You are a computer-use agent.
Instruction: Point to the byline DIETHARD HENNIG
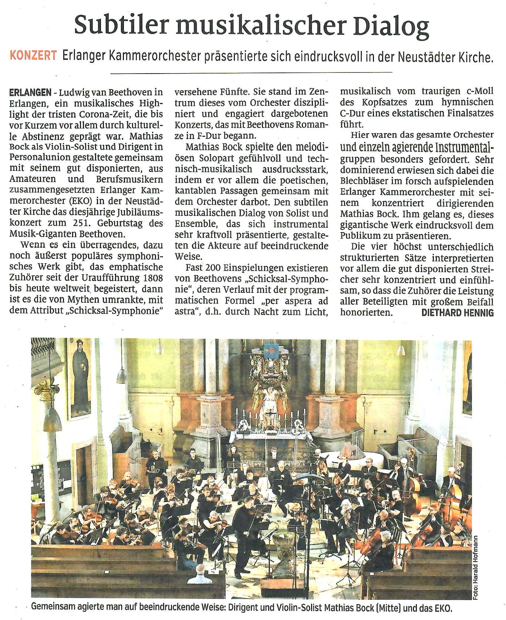(458, 313)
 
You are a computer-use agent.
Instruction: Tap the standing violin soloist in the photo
(244, 525)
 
